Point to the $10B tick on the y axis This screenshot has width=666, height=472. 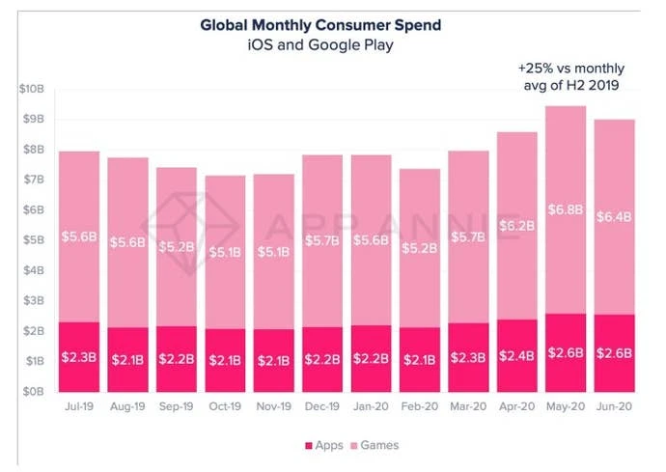(31, 89)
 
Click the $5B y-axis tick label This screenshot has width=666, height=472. (31, 240)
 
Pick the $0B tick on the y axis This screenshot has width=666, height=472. (31, 392)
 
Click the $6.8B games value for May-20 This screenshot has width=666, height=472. (565, 209)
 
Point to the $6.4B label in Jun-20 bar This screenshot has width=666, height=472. (614, 217)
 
